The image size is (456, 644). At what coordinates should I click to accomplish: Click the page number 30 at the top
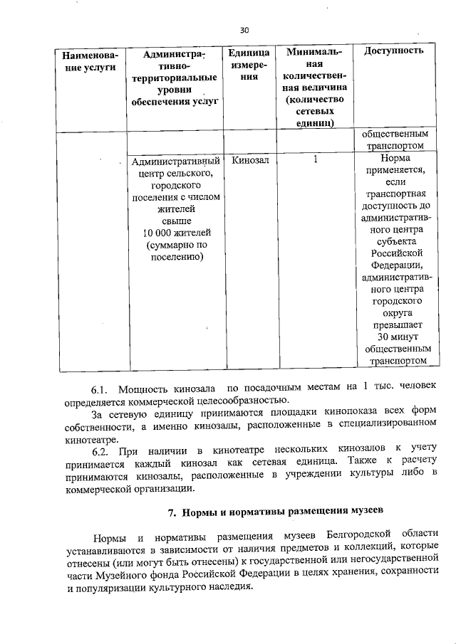tap(244, 30)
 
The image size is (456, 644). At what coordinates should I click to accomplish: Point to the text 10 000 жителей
tap(173, 233)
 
